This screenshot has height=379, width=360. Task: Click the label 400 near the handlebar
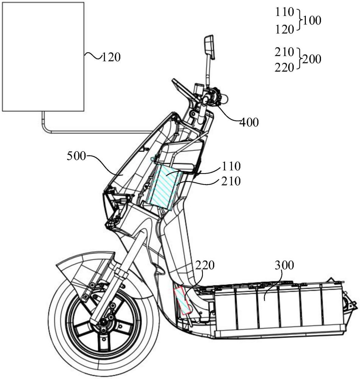click(x=250, y=122)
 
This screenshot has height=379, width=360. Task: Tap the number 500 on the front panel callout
click(x=77, y=156)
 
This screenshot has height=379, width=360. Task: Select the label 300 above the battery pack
click(x=284, y=265)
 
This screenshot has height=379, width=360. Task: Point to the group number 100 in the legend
click(x=312, y=20)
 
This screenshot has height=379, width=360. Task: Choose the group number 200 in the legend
click(x=312, y=60)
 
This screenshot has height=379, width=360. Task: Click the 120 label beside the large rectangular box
click(x=111, y=58)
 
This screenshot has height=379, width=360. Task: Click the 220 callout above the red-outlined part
click(x=205, y=266)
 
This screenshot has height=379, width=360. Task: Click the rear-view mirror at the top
click(x=210, y=46)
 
